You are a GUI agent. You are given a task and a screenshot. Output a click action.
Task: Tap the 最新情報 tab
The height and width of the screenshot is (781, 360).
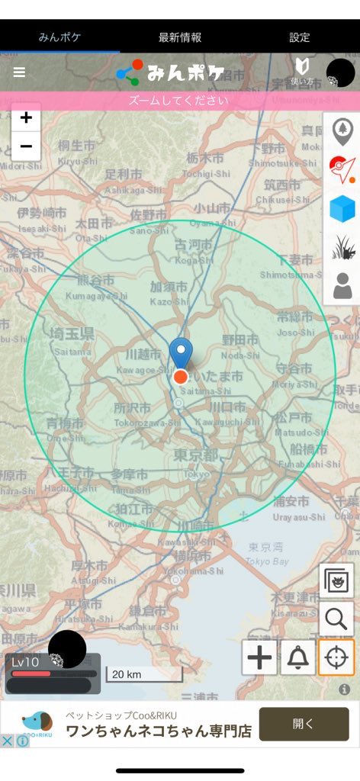click(180, 37)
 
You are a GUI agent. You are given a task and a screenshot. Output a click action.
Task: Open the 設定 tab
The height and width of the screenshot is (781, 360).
click(300, 37)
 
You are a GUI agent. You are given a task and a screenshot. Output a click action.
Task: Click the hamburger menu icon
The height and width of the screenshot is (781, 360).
click(19, 72)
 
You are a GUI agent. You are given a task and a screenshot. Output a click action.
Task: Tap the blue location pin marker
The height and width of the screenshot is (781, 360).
click(181, 353)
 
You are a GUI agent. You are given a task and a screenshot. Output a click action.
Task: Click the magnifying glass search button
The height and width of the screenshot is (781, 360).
click(336, 619)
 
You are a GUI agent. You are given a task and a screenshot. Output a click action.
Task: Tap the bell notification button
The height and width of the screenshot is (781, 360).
click(297, 657)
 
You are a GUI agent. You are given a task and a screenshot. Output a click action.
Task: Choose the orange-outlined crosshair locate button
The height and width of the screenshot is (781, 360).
click(336, 657)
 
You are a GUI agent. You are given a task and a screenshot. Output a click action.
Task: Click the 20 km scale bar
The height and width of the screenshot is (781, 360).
click(143, 674)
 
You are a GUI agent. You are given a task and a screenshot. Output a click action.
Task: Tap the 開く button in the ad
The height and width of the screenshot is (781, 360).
click(304, 724)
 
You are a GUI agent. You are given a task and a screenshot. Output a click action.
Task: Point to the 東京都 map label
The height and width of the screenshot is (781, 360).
click(196, 455)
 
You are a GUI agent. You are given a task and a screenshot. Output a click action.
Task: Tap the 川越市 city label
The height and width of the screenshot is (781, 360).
click(143, 355)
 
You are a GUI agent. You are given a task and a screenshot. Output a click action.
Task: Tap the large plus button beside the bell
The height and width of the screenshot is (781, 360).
click(260, 657)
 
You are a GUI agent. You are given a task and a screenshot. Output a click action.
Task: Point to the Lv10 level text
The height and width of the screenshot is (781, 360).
click(25, 662)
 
